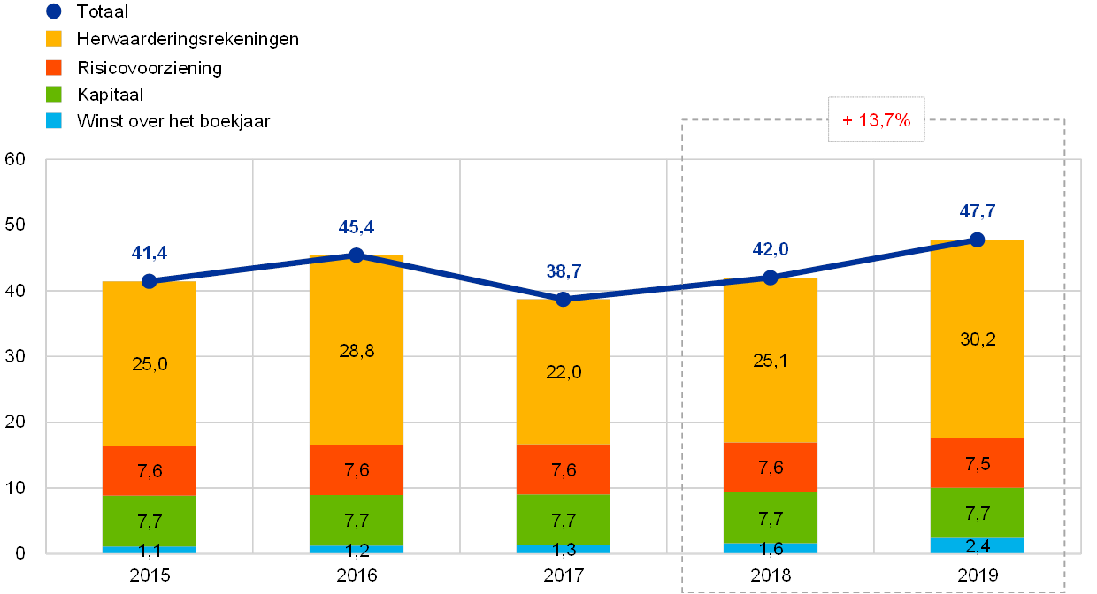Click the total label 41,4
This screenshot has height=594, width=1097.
point(149,254)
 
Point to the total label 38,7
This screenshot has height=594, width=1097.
point(563,271)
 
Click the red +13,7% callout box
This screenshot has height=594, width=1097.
point(876,120)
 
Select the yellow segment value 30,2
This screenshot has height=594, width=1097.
point(977,339)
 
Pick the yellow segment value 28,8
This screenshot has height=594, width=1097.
point(356,351)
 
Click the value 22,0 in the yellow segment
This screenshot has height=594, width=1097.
point(563,372)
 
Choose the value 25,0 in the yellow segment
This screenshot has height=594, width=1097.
point(149,363)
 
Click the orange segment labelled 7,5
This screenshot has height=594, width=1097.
point(977,463)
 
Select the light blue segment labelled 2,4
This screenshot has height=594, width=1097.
point(977,545)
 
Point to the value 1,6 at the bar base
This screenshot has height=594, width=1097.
point(770,548)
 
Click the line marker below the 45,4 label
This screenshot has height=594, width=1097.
point(356,255)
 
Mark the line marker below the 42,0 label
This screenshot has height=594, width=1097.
point(770,278)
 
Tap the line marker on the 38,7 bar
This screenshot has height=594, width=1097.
point(563,300)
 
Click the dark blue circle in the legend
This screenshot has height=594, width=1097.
point(54,11)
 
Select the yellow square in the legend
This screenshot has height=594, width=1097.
point(54,39)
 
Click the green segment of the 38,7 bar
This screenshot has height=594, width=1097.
point(563,520)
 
